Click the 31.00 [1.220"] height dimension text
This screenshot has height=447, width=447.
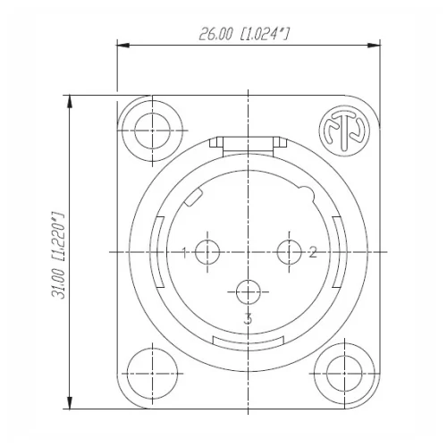pos(59,255)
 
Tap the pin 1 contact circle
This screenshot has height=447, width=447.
pos(207,252)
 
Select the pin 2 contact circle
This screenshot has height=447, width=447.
pos(288,252)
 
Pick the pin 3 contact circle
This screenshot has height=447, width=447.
pos(248,292)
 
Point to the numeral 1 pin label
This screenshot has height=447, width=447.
pos(184,252)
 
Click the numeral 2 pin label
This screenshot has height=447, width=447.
pos(313,252)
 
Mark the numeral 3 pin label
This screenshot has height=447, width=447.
pos(248,318)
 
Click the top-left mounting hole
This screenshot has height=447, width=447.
pos(149,126)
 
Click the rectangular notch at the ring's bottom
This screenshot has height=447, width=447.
pos(248,341)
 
